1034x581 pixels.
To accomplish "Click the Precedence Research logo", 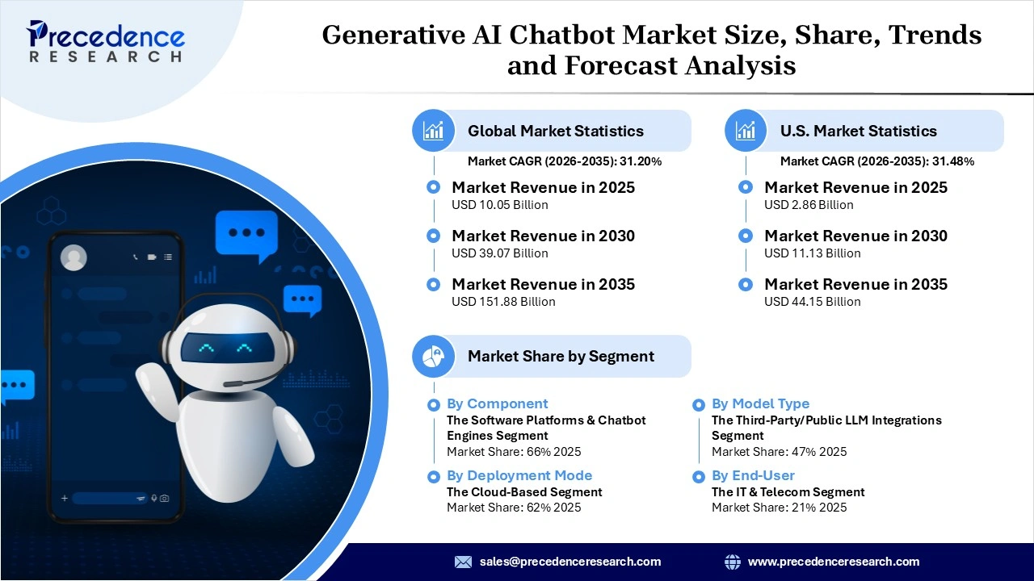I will (x=106, y=40).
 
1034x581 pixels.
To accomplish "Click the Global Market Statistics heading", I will (x=555, y=131).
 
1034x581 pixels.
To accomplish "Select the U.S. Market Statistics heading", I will (x=858, y=131).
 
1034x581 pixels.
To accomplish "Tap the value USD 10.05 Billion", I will (x=499, y=205).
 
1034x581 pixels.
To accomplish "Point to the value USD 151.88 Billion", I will (x=503, y=302).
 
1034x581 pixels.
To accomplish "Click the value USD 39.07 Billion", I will (x=499, y=253).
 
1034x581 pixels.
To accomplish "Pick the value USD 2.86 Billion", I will (x=809, y=205).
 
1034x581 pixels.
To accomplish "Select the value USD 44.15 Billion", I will (x=812, y=302).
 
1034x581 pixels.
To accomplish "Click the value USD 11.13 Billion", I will (x=812, y=253).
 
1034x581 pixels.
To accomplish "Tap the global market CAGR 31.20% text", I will (x=565, y=161).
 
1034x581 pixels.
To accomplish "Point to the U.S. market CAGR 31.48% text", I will (x=876, y=161).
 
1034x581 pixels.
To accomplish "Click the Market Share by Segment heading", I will (x=561, y=356).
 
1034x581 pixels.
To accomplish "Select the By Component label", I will (x=497, y=403).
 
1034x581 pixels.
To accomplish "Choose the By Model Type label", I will (x=760, y=403).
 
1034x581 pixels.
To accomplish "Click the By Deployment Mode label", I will (x=519, y=475).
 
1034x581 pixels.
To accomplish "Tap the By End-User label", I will (x=753, y=475).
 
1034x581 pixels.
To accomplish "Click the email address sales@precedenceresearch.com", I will (x=570, y=562).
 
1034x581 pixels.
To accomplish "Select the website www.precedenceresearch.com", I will (x=833, y=562).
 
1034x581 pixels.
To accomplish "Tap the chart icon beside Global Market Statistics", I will (x=434, y=131).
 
